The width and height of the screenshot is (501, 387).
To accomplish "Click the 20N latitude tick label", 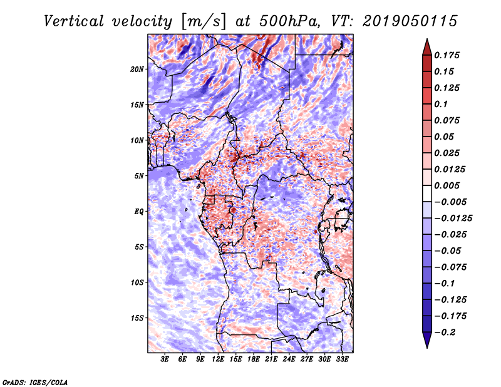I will point(138,69).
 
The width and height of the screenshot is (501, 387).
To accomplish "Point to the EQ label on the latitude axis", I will point(140,211).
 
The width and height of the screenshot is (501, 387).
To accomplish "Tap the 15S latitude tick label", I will point(138,317).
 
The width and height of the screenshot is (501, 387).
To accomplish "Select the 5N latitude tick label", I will point(140,175).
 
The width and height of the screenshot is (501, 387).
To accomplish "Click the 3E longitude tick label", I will point(165,360).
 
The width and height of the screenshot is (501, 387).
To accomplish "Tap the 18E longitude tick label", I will point(254,360).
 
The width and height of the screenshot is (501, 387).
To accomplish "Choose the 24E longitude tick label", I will point(289,360).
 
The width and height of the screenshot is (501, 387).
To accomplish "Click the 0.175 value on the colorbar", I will point(448,55).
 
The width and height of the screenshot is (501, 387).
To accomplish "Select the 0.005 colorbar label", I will point(448,185).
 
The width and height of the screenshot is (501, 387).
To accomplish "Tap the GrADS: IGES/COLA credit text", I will point(35,381).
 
